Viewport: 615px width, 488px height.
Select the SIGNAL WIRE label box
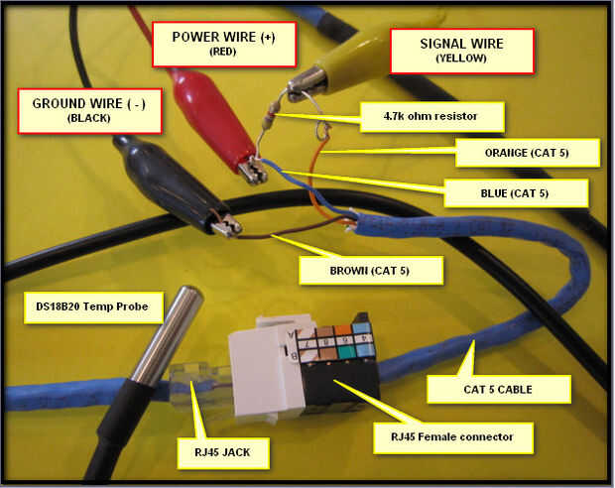(x=462, y=50)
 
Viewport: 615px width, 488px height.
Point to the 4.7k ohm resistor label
(x=431, y=118)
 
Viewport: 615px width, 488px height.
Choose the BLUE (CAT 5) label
(x=516, y=191)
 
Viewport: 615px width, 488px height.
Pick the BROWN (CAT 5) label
(x=371, y=268)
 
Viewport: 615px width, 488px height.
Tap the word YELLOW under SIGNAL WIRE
(x=462, y=60)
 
